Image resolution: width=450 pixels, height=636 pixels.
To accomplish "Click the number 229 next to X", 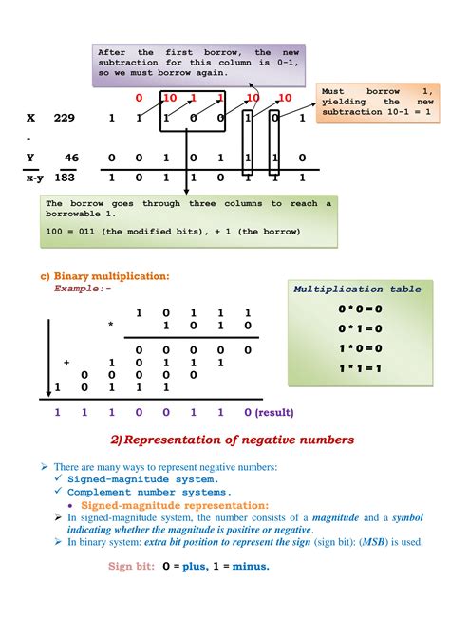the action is [65, 119].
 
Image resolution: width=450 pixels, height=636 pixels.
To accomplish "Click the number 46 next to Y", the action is [71, 158].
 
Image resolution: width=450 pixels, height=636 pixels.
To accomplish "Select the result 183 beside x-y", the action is [65, 178].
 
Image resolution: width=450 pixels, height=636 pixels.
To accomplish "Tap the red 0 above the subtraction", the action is [139, 99].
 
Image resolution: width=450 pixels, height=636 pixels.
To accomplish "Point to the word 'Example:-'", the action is [83, 287].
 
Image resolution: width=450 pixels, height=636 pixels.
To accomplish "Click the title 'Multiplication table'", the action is [351, 289].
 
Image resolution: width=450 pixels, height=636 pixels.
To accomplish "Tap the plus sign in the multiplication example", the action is [66, 363].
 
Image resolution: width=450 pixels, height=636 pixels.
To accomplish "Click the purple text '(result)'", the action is [275, 413].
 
